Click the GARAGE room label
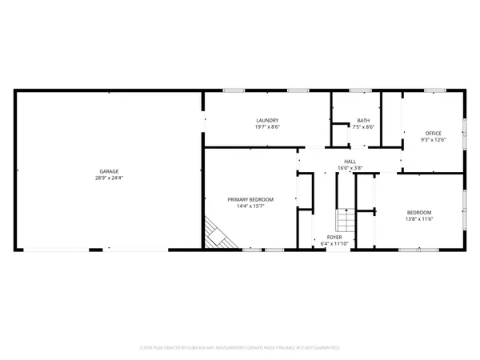coord(109,171)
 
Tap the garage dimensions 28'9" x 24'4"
coord(109,178)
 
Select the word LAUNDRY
coord(267,120)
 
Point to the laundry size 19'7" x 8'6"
coord(267,126)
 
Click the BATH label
coord(364,120)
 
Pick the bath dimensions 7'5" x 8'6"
coord(364,126)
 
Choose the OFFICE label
coord(434,133)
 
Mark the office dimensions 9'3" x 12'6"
coord(434,139)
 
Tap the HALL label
coord(350,162)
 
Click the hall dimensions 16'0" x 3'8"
coord(350,168)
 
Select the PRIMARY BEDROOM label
coord(250,199)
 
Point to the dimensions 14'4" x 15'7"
coord(250,206)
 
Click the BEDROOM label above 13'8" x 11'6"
coord(420,212)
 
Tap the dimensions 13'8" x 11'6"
coord(420,218)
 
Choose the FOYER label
coord(334,238)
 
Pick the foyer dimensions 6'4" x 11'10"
coord(334,244)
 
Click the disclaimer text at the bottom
coord(239,348)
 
